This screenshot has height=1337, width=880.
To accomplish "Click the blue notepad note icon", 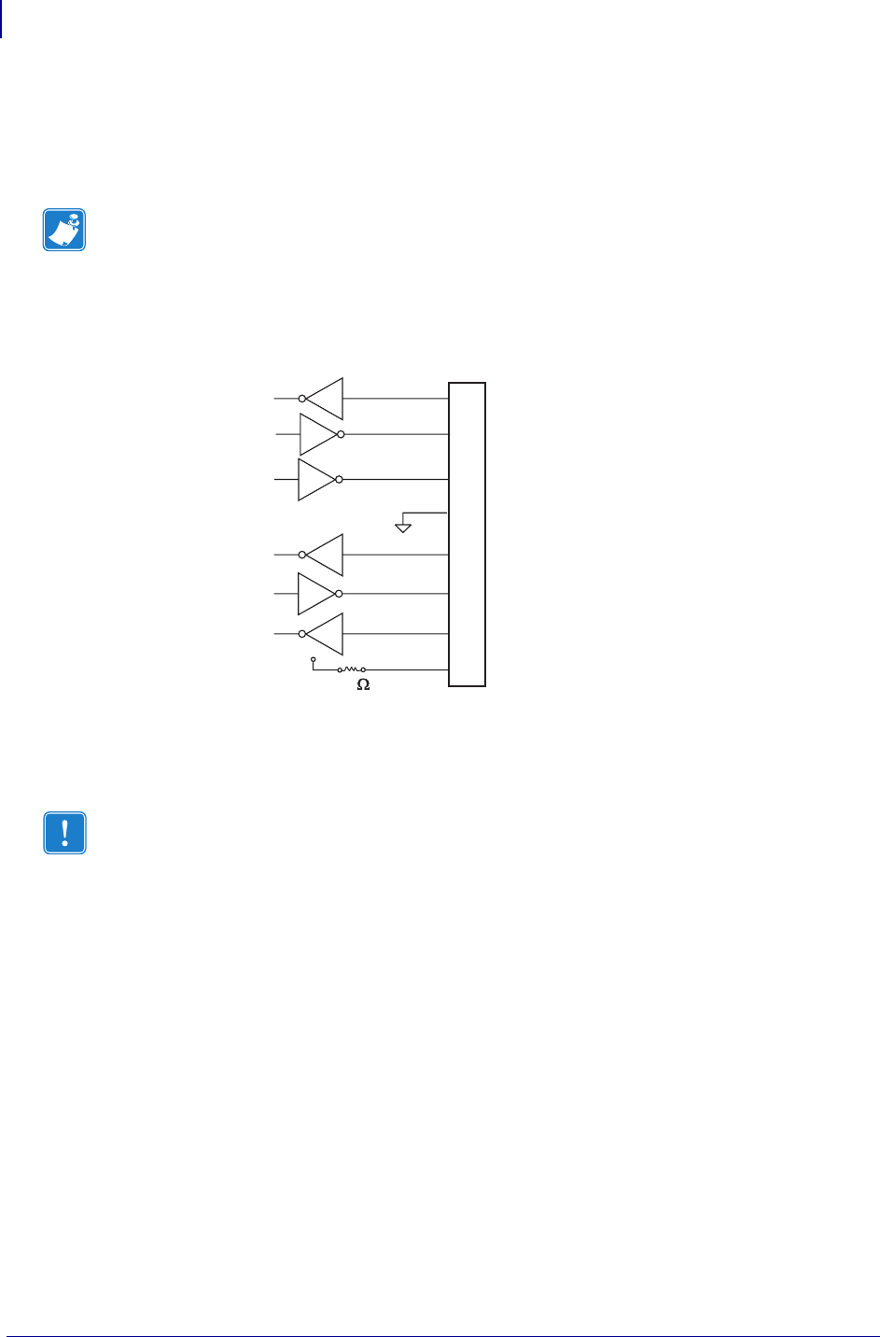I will tap(64, 230).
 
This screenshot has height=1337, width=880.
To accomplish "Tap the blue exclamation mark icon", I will tap(64, 833).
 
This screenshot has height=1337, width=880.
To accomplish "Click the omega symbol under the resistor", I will tap(363, 685).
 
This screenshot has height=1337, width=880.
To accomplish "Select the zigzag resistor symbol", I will tap(352, 669).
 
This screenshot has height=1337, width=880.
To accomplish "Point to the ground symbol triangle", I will tap(403, 528).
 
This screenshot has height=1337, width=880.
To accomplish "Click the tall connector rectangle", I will tap(467, 534).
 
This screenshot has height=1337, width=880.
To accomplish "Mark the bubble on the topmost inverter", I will tap(302, 399).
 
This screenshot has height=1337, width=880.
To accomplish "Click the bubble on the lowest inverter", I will tap(302, 634).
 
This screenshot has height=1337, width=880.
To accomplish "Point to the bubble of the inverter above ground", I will tap(339, 479).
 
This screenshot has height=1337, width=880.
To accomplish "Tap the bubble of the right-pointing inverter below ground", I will tap(339, 594).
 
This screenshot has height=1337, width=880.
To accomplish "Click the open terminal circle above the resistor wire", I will tap(313, 659).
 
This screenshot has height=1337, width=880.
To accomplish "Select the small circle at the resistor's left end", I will tap(340, 670).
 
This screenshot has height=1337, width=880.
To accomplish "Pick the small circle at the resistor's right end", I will tap(363, 670).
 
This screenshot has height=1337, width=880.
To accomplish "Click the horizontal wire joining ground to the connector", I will tap(426, 513).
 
